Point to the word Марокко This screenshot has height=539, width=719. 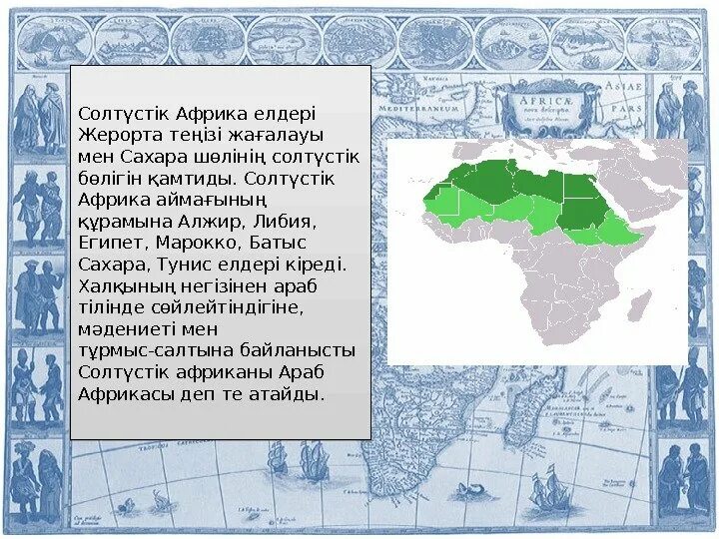pos(198,243)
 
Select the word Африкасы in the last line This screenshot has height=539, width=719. pos(119,394)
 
